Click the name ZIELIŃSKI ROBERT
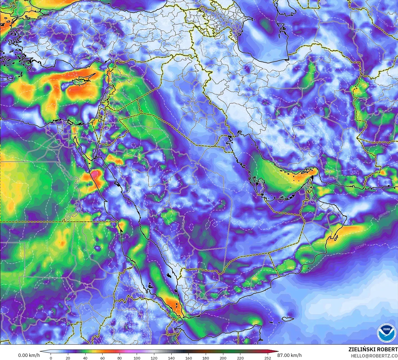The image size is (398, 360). click(373, 349)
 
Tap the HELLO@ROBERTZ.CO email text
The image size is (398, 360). click(374, 356)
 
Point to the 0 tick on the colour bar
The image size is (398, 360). click(51, 358)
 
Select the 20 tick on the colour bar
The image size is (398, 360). click(68, 358)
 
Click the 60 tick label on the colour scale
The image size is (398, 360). click(102, 358)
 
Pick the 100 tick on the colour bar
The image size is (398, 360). click(137, 358)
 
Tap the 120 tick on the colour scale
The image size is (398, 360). click(154, 358)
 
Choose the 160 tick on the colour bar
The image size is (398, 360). click(188, 358)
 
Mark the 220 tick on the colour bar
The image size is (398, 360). click(240, 358)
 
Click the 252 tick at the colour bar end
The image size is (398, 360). click(267, 358)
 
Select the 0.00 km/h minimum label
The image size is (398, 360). click(29, 356)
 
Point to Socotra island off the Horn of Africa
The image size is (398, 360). click(288, 319)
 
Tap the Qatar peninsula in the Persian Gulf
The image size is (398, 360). click(261, 185)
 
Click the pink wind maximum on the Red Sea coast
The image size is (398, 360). click(95, 175)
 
